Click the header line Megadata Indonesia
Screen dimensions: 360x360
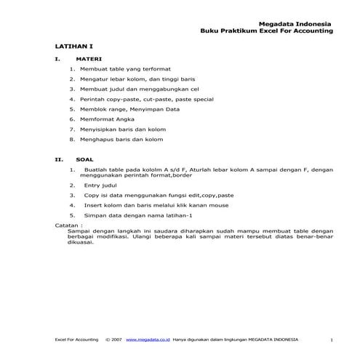(301, 23)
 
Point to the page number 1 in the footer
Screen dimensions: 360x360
(331, 340)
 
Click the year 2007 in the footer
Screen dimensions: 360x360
(116, 339)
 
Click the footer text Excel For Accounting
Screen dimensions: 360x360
(77, 339)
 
